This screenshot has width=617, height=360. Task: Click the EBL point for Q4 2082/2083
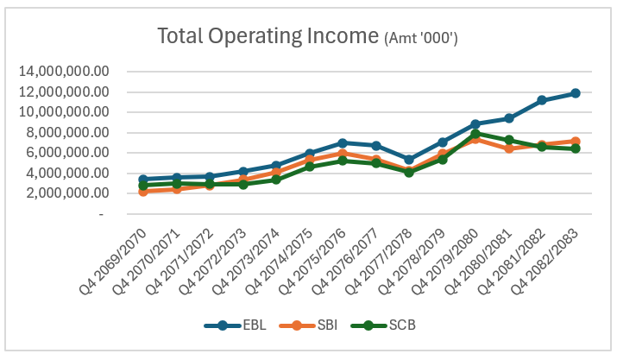[x=576, y=93]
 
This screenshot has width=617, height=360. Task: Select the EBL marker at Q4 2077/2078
[x=409, y=160]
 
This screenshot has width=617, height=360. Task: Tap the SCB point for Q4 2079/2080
[x=475, y=134]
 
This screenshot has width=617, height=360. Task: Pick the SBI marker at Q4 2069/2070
[x=143, y=192]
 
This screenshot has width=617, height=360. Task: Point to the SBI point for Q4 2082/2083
[x=576, y=142]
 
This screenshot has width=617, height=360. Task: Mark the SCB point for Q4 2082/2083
[x=576, y=148]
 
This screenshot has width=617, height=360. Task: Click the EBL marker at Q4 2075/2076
[x=343, y=143]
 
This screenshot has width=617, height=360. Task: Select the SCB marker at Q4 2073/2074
[x=276, y=180]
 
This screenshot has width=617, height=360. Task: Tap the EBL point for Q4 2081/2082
[x=542, y=100]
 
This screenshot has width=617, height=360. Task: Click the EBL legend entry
[x=235, y=325]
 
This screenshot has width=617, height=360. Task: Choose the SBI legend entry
[x=308, y=325]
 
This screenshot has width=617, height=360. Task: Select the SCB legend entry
[x=383, y=325]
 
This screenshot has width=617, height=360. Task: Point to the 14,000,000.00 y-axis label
[x=64, y=72]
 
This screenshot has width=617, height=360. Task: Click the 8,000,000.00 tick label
[x=67, y=132]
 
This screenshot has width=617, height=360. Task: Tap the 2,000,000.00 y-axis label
[x=67, y=193]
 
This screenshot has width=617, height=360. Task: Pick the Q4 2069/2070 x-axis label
[x=113, y=262]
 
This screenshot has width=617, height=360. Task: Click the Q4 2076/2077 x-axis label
[x=345, y=262]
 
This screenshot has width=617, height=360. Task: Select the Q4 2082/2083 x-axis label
[x=545, y=262]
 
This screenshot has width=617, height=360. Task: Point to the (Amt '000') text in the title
[x=420, y=38]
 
